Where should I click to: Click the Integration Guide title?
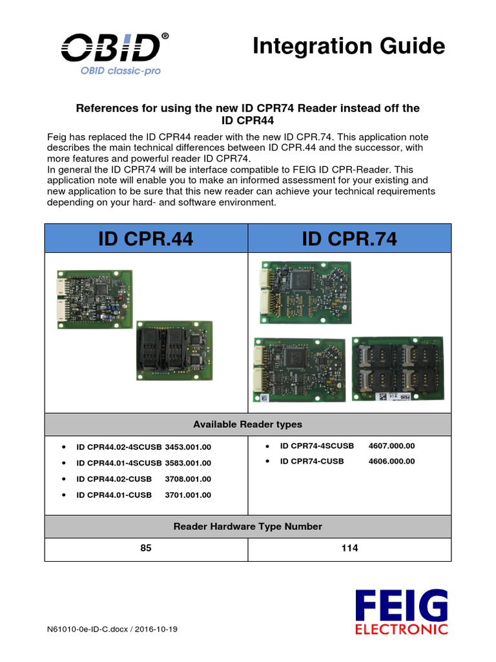click(349, 47)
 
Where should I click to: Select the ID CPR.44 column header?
click(146, 239)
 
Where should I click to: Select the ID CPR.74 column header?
click(349, 239)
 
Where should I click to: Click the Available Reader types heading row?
click(247, 425)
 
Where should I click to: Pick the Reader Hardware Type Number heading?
click(247, 527)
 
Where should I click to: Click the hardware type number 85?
click(146, 548)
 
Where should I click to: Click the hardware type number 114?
click(349, 548)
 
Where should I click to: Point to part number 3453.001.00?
click(188, 447)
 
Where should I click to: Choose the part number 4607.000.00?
click(391, 446)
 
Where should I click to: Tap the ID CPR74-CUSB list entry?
click(312, 462)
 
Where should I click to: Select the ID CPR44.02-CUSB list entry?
click(114, 479)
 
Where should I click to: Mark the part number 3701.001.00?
click(188, 495)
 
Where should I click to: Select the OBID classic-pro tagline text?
click(121, 70)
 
